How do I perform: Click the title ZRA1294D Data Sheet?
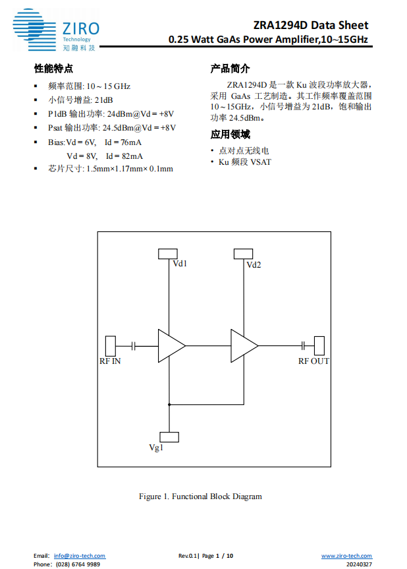pos(311,25)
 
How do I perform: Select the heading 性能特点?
pos(53,69)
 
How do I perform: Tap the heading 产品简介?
pos(230,69)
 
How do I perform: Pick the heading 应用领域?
pos(230,135)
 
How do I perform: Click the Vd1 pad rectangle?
pos(169,254)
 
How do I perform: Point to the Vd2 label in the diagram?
pos(254,265)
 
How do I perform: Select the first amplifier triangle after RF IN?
pos(170,345)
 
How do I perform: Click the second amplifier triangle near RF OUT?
pos(243,345)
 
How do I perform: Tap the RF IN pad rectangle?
pos(111,345)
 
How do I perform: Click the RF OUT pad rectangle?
pos(319,345)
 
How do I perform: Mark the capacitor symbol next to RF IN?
pos(134,345)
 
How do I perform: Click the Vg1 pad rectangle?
pos(169,436)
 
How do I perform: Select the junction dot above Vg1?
pos(169,404)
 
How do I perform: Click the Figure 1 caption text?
pos(200,496)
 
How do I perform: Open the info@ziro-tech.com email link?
pos(80,556)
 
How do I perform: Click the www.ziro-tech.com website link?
pos(346,556)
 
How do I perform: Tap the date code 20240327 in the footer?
pos(359,564)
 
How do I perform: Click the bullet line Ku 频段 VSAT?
pos(244,162)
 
